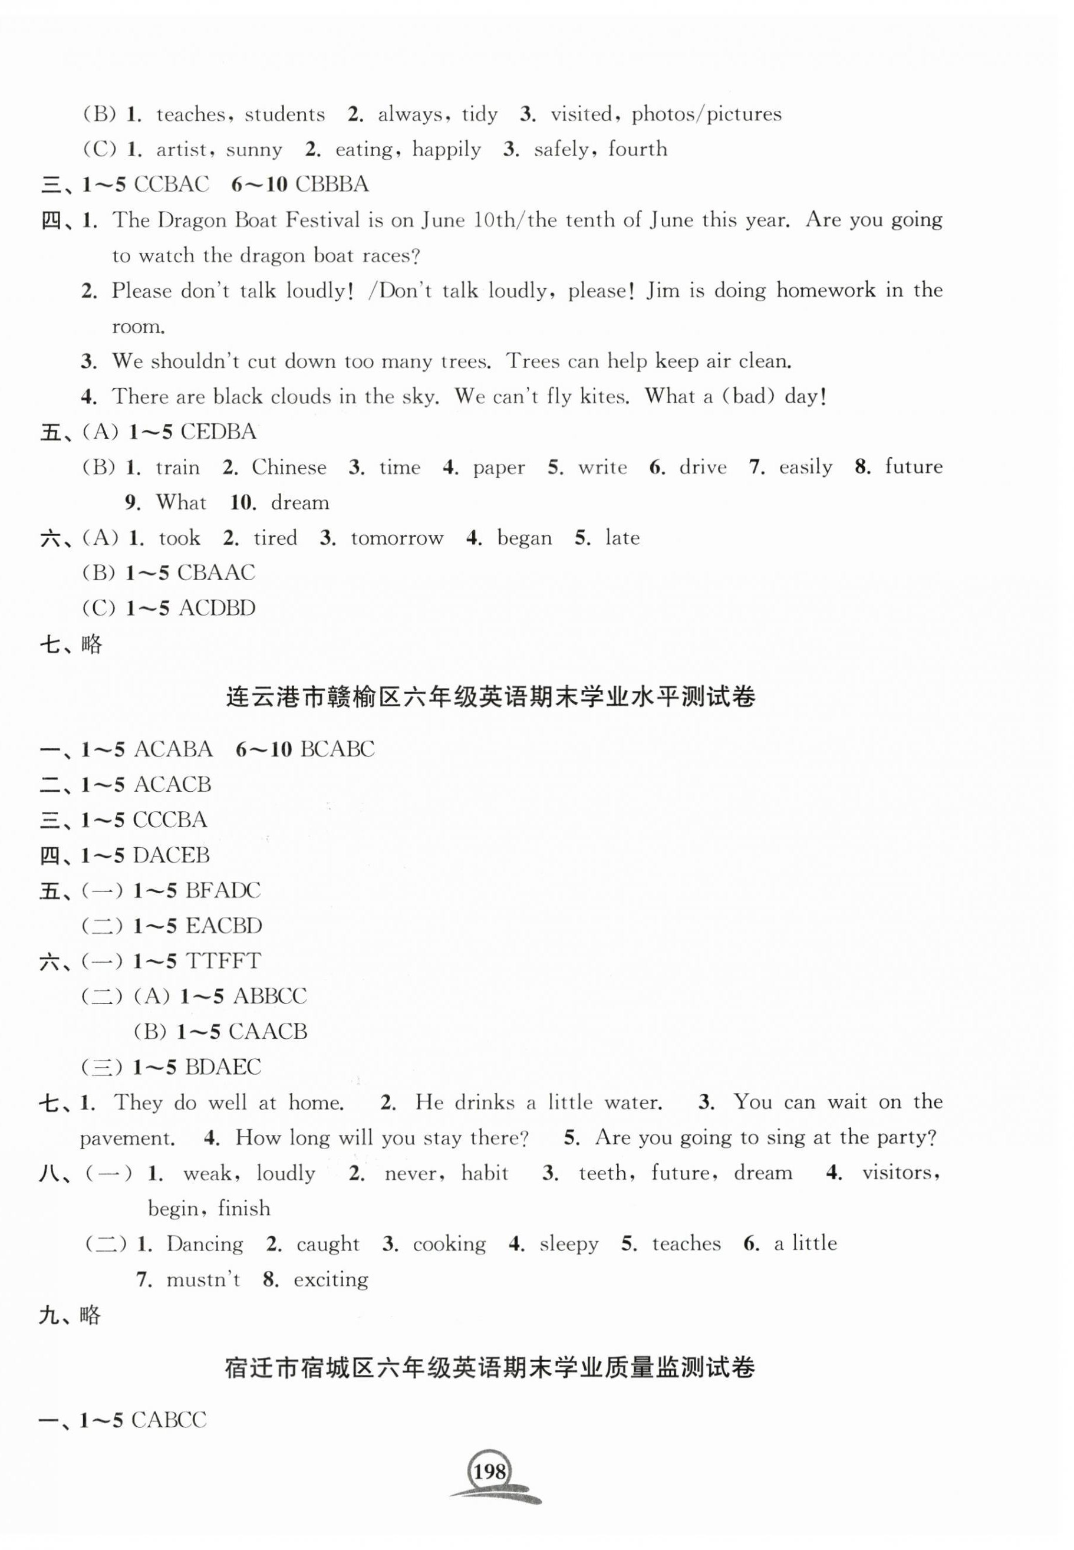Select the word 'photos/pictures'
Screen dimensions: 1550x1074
tap(706, 114)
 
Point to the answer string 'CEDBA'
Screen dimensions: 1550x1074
tap(219, 432)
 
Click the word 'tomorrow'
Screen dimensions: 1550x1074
tap(397, 538)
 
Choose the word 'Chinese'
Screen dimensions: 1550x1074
tap(289, 467)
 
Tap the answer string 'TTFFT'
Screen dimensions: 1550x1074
tap(223, 960)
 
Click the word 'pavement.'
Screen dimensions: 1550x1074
tap(127, 1138)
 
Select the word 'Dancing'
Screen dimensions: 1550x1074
tap(205, 1244)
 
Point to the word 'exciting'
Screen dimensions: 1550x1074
tap(331, 1279)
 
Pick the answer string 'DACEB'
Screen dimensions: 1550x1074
tap(172, 855)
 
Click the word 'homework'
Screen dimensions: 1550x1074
tap(826, 290)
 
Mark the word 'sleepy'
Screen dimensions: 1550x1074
tap(569, 1244)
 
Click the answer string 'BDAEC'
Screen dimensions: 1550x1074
tap(223, 1067)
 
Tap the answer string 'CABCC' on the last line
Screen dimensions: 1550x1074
tap(169, 1420)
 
